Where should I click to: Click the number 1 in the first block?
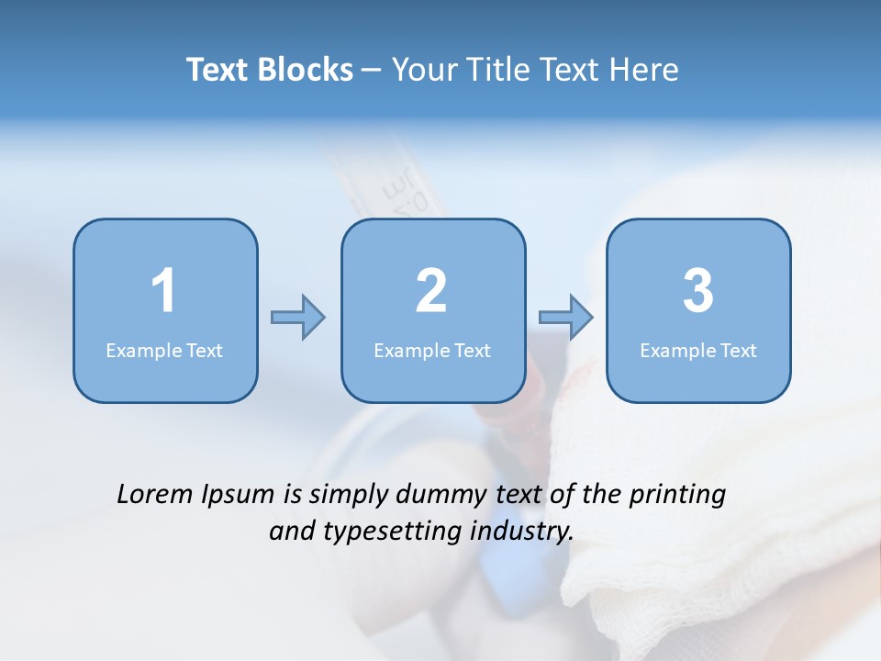(163, 292)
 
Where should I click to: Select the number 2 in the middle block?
(431, 292)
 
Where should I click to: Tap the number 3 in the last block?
(698, 292)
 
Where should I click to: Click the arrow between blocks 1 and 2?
(298, 318)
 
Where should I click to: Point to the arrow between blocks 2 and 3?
(566, 318)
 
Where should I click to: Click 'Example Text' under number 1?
(164, 350)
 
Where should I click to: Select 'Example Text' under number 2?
(432, 350)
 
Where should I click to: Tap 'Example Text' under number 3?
(698, 350)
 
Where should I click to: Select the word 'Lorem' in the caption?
(156, 494)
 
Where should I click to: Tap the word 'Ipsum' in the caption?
(239, 496)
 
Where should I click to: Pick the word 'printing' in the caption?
(677, 496)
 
